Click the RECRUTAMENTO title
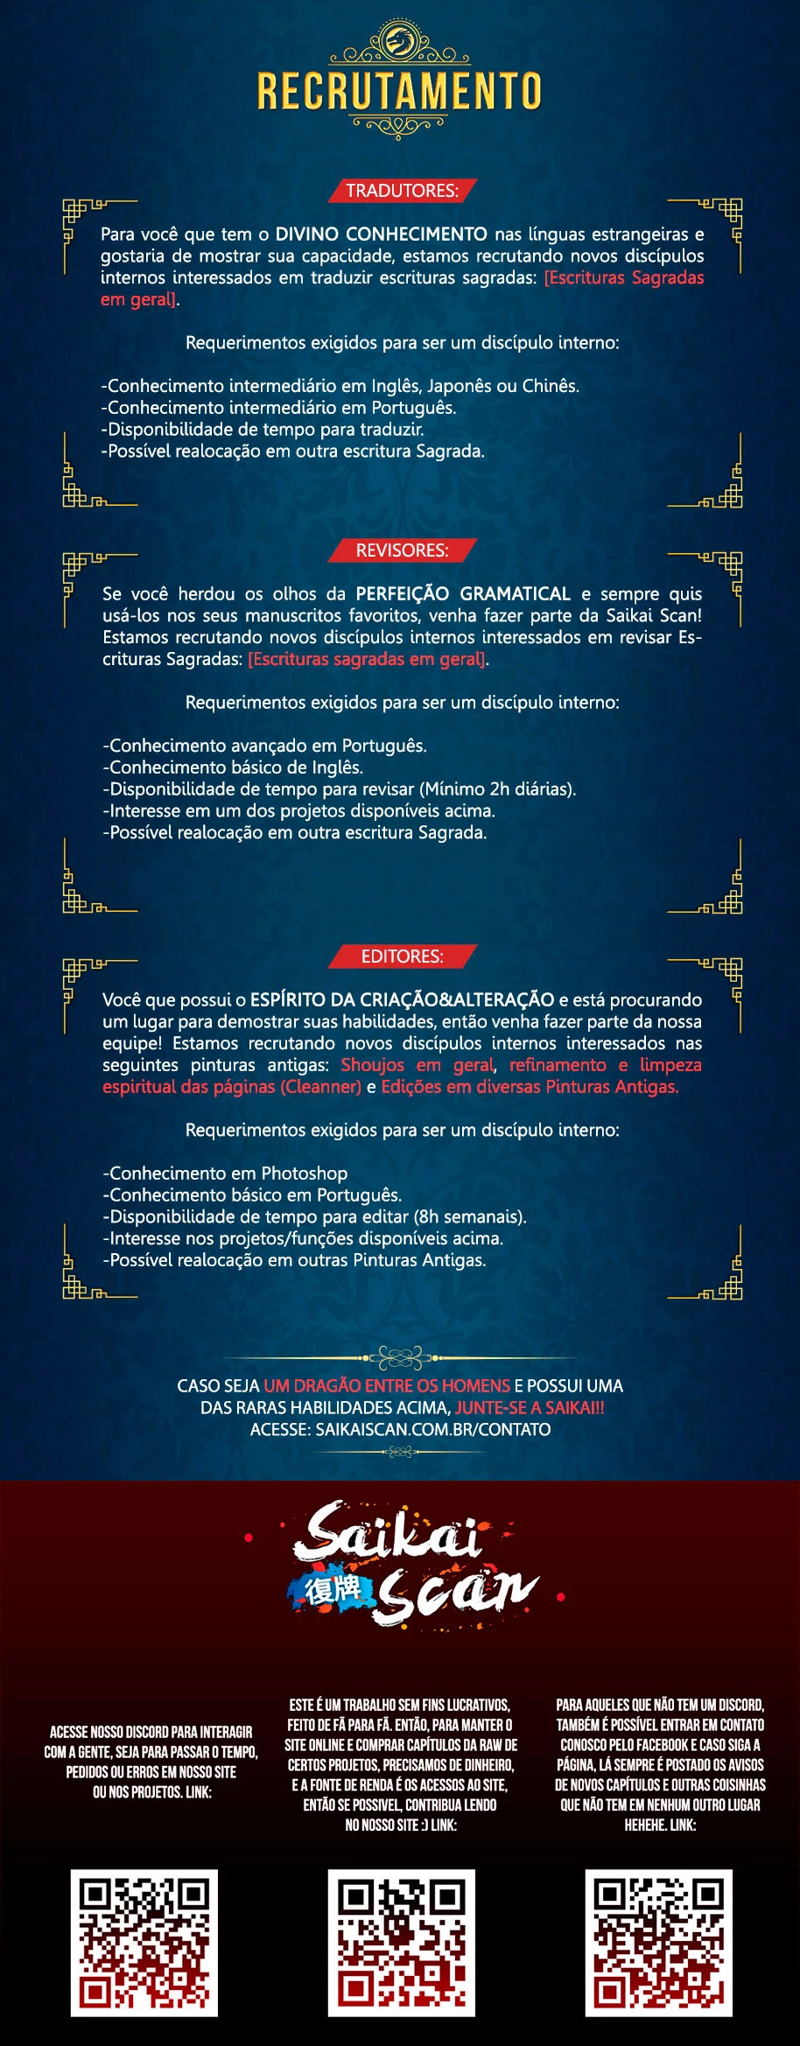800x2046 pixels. [399, 91]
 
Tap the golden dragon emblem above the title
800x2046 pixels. [399, 40]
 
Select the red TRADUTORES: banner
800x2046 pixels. [402, 191]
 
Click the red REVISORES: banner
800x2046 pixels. [402, 550]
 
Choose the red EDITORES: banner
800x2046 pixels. [402, 956]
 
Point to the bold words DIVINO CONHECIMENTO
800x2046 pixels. [381, 235]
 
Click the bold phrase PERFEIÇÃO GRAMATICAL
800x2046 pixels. [462, 594]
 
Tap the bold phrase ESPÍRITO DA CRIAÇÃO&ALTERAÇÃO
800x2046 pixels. [402, 999]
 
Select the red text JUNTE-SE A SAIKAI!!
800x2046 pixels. [530, 1408]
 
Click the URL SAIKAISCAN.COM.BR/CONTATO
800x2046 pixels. [432, 1430]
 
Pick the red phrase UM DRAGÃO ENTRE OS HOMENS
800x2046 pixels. [386, 1386]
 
